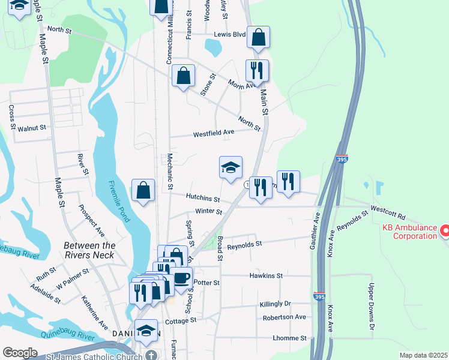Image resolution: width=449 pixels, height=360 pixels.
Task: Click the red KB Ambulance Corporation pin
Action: click(x=445, y=230)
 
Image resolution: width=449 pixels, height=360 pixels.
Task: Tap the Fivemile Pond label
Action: click(x=119, y=202)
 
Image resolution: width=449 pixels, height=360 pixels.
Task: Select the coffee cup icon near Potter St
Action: click(x=181, y=278)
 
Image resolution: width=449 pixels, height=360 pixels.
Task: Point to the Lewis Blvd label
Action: click(x=231, y=35)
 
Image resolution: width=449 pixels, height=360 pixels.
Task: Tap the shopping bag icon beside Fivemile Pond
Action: click(x=143, y=191)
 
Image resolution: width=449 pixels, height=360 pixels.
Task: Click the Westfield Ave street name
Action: click(x=213, y=134)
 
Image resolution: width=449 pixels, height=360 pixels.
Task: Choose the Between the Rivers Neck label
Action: click(x=90, y=251)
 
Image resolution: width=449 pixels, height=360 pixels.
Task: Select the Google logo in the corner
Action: click(x=20, y=353)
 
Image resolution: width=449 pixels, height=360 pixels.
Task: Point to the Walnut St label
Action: click(x=32, y=128)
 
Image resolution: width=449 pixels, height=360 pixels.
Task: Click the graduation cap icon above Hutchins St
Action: click(x=230, y=168)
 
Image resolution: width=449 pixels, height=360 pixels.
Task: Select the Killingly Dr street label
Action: click(x=275, y=304)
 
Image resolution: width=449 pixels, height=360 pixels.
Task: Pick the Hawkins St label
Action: click(x=266, y=275)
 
